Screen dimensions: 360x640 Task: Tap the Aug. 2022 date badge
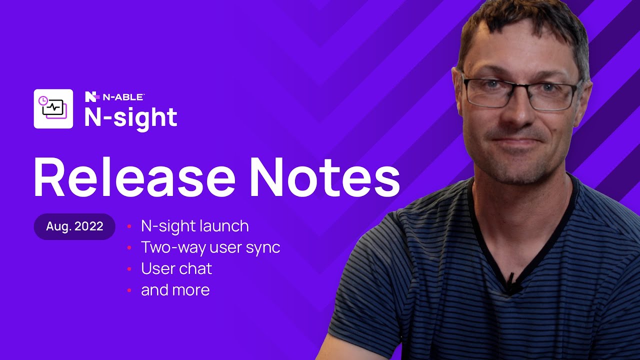[74, 226]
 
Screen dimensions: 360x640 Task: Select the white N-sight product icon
[53, 108]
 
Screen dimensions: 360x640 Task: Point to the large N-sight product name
[130, 117]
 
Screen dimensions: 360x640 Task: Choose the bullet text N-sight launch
[194, 226]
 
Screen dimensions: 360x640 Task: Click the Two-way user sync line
[210, 247]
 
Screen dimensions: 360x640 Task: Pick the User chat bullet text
[176, 269]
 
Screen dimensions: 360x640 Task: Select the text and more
[175, 290]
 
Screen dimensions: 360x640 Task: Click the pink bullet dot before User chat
[129, 269]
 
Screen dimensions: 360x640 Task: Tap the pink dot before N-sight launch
[129, 226]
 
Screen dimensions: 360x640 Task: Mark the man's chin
[517, 167]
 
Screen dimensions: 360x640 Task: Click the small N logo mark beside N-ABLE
[91, 96]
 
